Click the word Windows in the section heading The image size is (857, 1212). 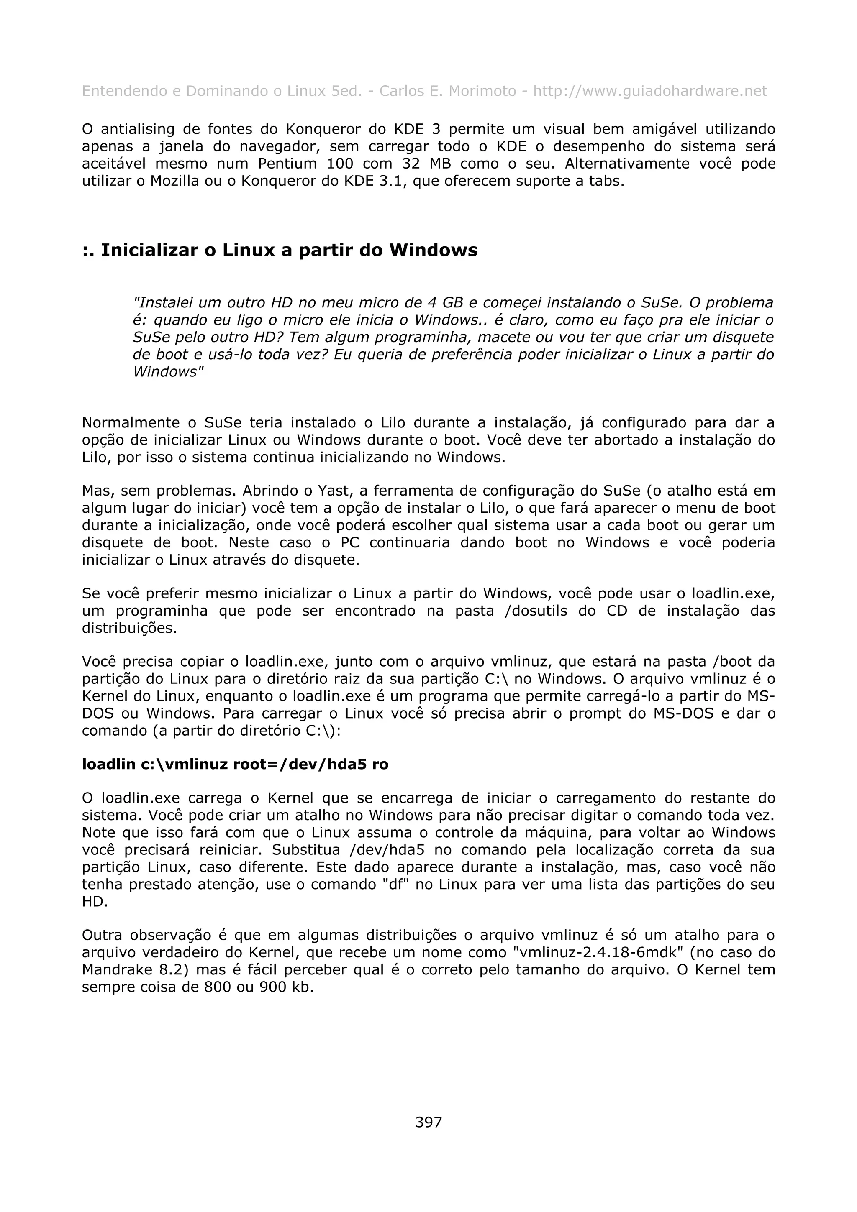coord(433,250)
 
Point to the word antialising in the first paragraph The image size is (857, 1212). coord(137,129)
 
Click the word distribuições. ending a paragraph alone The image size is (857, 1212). coord(129,628)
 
